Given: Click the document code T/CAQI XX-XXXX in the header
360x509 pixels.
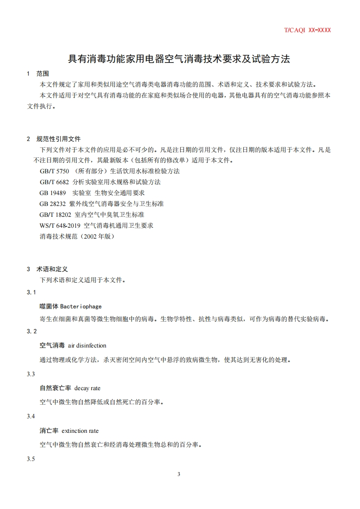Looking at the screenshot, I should point(307,30).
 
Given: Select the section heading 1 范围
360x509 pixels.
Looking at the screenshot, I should point(38,73).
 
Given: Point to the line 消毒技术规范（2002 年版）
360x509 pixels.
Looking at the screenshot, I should point(77,236).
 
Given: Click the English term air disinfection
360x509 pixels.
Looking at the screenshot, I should point(87,346).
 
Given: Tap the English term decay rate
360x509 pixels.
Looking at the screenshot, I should point(87,388).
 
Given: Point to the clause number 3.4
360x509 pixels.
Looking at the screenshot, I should point(31,416).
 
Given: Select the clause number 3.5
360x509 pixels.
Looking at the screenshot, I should point(31,459).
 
